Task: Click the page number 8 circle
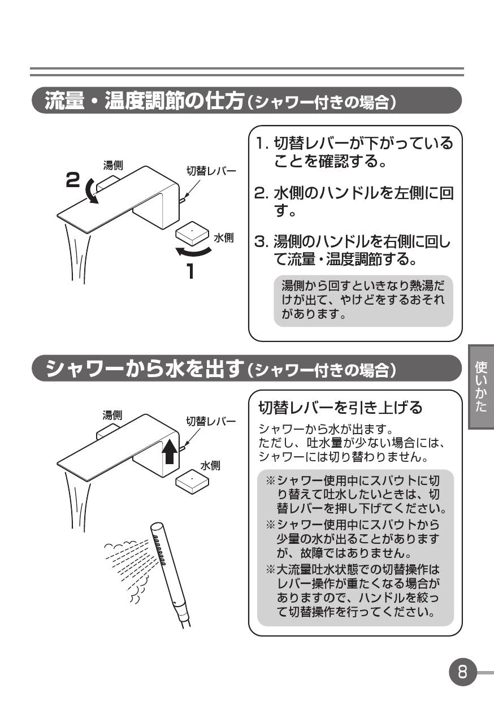coord(462,672)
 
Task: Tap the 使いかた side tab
coord(481,387)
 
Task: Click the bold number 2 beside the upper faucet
coord(73,180)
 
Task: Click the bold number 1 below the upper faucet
coord(190,271)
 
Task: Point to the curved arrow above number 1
coord(193,252)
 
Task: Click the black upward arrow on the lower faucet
coord(170,451)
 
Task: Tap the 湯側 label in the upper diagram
coord(113,165)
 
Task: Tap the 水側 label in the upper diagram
coord(223,238)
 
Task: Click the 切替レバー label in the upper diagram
coord(211,171)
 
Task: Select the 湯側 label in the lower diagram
coord(112,416)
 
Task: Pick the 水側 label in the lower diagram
coord(210,465)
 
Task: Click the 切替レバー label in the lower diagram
coord(211,422)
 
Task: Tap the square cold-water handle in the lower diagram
coord(192,481)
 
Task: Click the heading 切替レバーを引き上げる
coord(340,407)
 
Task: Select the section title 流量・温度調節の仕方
coord(144,101)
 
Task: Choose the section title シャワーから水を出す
coord(145,368)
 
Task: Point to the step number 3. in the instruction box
coord(262,241)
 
